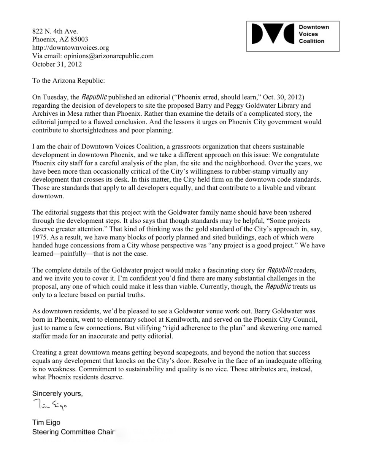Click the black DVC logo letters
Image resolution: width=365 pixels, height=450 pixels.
tap(273, 34)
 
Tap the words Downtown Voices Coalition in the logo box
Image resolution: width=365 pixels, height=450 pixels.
tap(313, 34)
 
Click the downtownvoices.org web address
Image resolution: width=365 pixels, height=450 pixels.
tap(71, 48)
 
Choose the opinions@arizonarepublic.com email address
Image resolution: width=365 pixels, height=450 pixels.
tap(109, 56)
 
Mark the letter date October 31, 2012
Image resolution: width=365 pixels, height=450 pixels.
tap(57, 64)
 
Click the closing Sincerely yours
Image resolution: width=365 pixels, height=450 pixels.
tap(57, 394)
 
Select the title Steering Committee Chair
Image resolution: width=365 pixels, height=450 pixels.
tap(73, 432)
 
